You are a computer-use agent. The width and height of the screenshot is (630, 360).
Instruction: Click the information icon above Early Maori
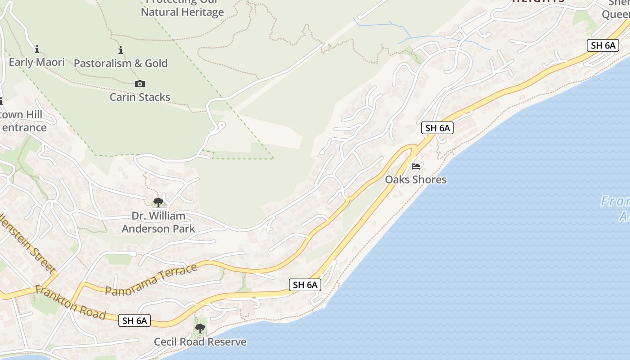tap(37, 49)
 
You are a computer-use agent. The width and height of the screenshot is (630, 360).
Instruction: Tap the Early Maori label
tap(37, 62)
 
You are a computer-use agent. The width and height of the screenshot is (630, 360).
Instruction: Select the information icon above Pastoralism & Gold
tap(121, 50)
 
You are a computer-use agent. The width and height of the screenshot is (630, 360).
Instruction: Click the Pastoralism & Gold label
tap(121, 63)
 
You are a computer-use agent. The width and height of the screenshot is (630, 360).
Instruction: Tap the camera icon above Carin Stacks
tap(140, 84)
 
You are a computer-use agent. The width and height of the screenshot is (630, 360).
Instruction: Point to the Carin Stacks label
tap(140, 97)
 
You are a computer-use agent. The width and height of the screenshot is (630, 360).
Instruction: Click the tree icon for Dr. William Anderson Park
tap(158, 202)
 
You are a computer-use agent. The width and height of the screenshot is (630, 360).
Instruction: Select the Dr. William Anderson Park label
tap(158, 222)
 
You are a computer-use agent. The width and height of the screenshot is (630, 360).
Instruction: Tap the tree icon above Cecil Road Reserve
tap(200, 328)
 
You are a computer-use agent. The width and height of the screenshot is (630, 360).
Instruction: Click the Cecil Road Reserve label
tap(200, 342)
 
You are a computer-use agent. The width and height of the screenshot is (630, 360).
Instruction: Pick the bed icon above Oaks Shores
tap(416, 166)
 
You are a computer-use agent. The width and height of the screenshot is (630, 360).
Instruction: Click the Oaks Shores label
tap(416, 180)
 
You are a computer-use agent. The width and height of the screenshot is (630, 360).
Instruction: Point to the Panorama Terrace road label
tap(151, 279)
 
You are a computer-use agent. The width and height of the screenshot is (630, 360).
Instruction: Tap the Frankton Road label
tap(70, 303)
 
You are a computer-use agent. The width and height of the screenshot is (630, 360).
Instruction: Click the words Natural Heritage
tap(182, 12)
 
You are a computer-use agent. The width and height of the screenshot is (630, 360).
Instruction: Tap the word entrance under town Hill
tap(24, 127)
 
